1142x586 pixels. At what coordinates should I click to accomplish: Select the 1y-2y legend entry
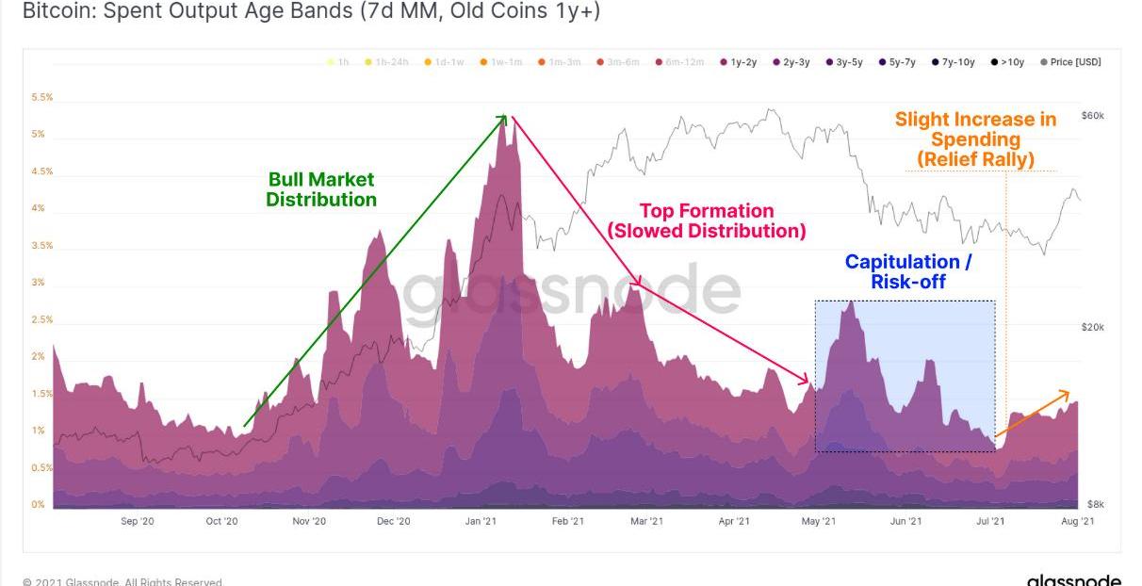(x=739, y=62)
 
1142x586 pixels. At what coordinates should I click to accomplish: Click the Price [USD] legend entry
(x=1070, y=62)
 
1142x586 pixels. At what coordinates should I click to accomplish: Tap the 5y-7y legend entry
(x=897, y=62)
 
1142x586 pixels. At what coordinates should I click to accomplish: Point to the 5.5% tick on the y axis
(x=41, y=97)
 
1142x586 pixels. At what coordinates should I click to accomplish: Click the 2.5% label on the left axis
(x=41, y=319)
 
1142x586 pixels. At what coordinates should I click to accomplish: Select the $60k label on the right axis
(x=1093, y=116)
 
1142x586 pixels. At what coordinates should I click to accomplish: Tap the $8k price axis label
(x=1096, y=504)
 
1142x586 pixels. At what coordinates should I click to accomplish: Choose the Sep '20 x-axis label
(x=138, y=521)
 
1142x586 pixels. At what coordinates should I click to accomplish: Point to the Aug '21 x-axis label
(x=1077, y=521)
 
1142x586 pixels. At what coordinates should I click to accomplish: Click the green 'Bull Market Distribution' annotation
(x=321, y=189)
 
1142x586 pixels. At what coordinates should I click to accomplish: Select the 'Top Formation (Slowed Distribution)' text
(x=707, y=220)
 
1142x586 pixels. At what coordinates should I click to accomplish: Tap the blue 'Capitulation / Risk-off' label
(x=907, y=271)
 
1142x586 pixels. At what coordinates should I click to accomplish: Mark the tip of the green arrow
(x=507, y=116)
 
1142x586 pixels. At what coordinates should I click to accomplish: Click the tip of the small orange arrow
(x=1069, y=391)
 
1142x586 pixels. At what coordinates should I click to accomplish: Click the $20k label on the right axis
(x=1093, y=327)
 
